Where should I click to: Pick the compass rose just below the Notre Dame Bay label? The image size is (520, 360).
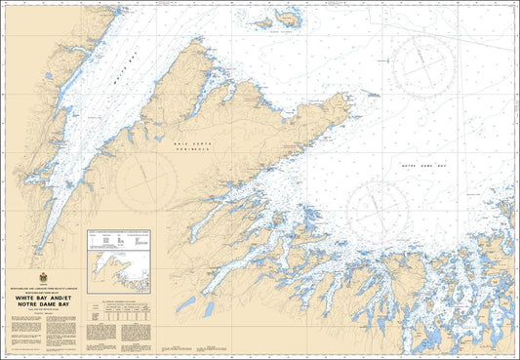coord(378,211)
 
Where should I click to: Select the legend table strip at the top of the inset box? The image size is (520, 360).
coord(119,236)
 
